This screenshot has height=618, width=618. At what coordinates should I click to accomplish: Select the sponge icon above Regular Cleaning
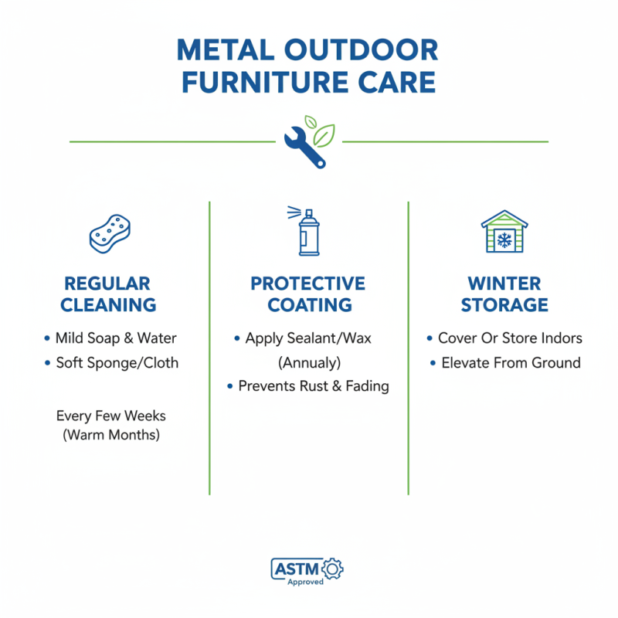pyautogui.click(x=110, y=232)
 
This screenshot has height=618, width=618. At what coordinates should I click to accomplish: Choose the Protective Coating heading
pyautogui.click(x=307, y=294)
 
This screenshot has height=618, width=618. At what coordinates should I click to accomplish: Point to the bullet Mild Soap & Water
pyautogui.click(x=115, y=338)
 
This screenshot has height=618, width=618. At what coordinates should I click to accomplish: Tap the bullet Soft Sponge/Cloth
pyautogui.click(x=117, y=363)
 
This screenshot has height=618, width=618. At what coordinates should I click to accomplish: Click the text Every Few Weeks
pyautogui.click(x=111, y=416)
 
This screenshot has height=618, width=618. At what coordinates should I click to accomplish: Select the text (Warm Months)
pyautogui.click(x=111, y=435)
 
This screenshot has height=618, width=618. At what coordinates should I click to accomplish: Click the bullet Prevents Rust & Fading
pyautogui.click(x=313, y=385)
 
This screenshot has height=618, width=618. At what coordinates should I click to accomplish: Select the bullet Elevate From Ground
pyautogui.click(x=511, y=363)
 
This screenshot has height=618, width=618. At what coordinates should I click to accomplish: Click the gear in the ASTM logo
pyautogui.click(x=334, y=569)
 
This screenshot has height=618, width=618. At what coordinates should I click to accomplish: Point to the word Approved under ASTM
pyautogui.click(x=306, y=582)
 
